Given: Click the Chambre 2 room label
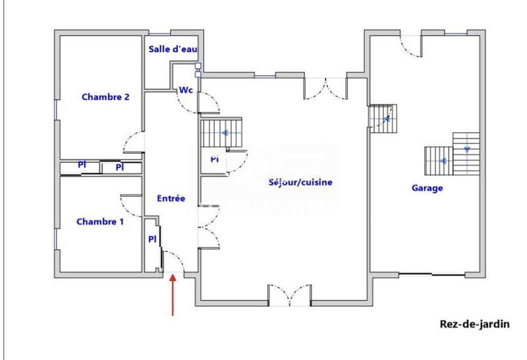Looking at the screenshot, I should pos(105,97).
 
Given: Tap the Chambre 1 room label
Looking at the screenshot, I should pos(100,222).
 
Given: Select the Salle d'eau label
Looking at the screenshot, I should pos(173,49).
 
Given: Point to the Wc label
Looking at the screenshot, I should pos(186,90).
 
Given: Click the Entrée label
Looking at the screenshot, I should pos(171,198).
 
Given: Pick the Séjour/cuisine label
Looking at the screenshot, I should pos(300,182).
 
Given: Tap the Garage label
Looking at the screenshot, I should pos(428,188).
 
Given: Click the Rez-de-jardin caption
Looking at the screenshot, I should pos(474,324).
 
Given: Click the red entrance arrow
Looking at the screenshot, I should pos(173,295).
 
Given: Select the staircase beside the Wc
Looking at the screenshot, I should pos(221,133).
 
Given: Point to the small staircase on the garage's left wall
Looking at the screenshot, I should pos(383,119).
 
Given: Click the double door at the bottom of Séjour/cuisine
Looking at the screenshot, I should pos(290,295).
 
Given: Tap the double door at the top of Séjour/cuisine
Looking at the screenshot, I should pos(325,88).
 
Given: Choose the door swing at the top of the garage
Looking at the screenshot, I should pos(412,44).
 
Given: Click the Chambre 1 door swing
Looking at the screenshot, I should pos(132,204).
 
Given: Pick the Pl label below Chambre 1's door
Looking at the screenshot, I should pos(152,239).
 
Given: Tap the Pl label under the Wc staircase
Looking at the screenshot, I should pos(214,160).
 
